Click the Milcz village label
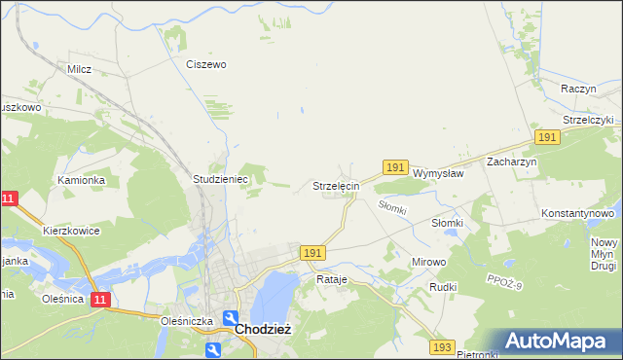coord(79,69)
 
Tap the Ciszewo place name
coord(206,64)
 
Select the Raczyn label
coord(578,88)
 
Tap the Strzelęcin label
coord(336,185)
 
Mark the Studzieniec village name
coord(222,180)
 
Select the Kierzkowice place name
coord(71,231)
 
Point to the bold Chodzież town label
coord(259,329)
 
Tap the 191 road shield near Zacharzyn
coord(547,138)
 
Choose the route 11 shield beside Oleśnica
coord(99,300)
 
